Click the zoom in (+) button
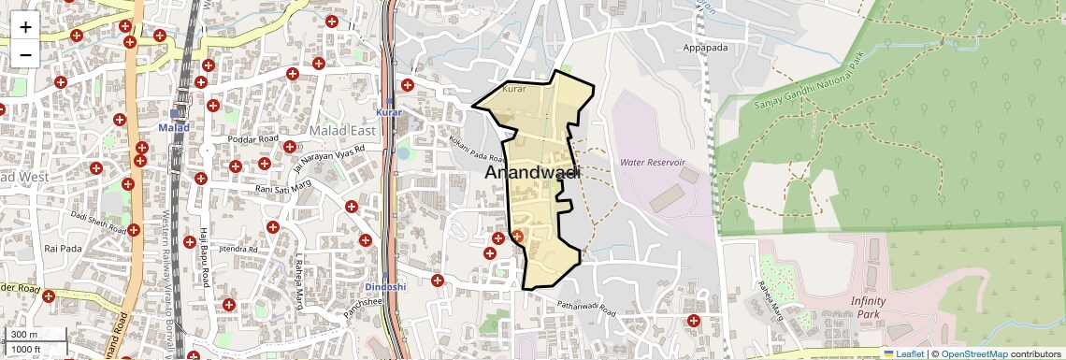click(x=25, y=27)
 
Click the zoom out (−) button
click(x=25, y=54)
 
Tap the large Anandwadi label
click(x=532, y=173)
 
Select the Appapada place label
click(x=705, y=48)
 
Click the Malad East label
click(x=342, y=131)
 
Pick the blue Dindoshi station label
click(x=384, y=286)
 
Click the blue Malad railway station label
click(x=174, y=127)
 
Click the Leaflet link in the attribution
click(x=903, y=353)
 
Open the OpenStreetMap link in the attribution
click(x=973, y=353)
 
